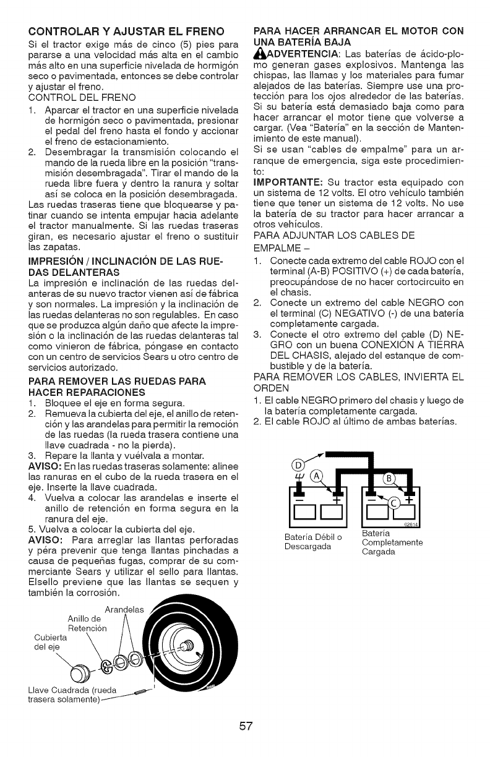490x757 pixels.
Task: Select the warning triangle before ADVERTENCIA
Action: click(x=259, y=53)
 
